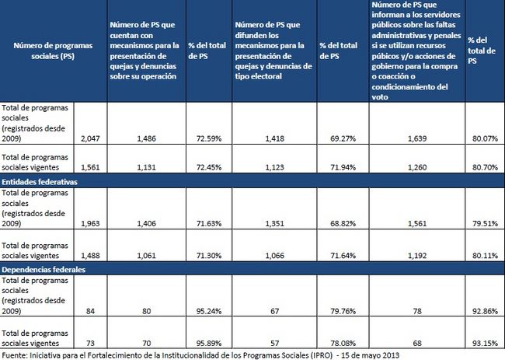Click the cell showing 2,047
(90, 138)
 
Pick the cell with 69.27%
(344, 138)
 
